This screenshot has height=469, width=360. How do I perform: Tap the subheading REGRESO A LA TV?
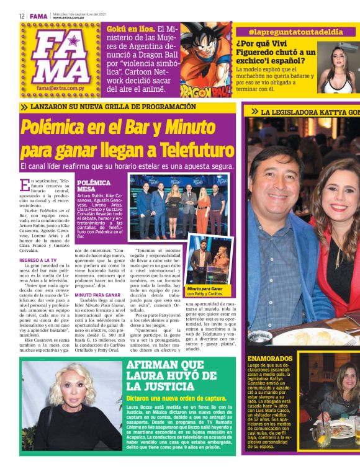pyautogui.click(x=39, y=260)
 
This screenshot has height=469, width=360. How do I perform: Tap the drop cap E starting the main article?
pyautogui.click(x=24, y=185)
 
